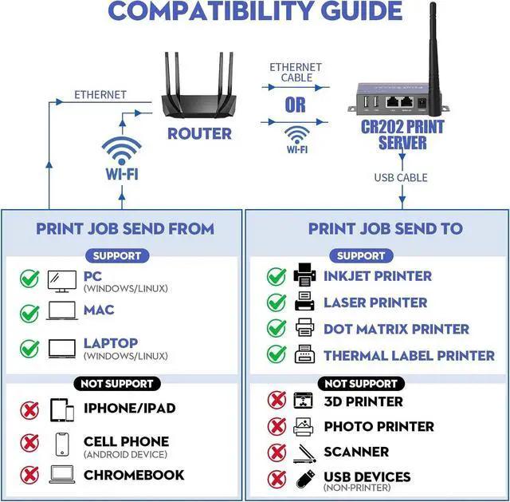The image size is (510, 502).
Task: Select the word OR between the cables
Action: pyautogui.click(x=296, y=105)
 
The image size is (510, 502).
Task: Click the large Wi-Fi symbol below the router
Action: pyautogui.click(x=120, y=151)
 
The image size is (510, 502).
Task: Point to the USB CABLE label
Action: pyautogui.click(x=401, y=177)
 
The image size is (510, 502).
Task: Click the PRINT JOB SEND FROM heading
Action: pyautogui.click(x=125, y=229)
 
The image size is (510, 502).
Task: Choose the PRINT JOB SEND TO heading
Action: pyautogui.click(x=385, y=229)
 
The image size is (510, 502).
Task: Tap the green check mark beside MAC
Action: pyautogui.click(x=29, y=312)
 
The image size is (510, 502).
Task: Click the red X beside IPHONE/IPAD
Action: pyautogui.click(x=29, y=410)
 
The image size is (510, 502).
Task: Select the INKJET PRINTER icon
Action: pyautogui.click(x=304, y=276)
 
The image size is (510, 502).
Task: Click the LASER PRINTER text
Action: pyautogui.click(x=375, y=302)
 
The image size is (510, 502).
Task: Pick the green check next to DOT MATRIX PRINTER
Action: pyautogui.click(x=277, y=328)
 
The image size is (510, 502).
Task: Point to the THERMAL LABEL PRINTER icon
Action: pyautogui.click(x=304, y=354)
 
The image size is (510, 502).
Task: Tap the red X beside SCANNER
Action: pyautogui.click(x=277, y=452)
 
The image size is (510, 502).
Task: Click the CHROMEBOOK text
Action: pyautogui.click(x=134, y=475)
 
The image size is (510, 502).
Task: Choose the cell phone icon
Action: pyautogui.click(x=62, y=444)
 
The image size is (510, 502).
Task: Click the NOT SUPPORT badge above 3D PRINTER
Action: pyautogui.click(x=361, y=384)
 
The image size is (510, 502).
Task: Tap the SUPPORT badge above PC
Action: pyautogui.click(x=117, y=256)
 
